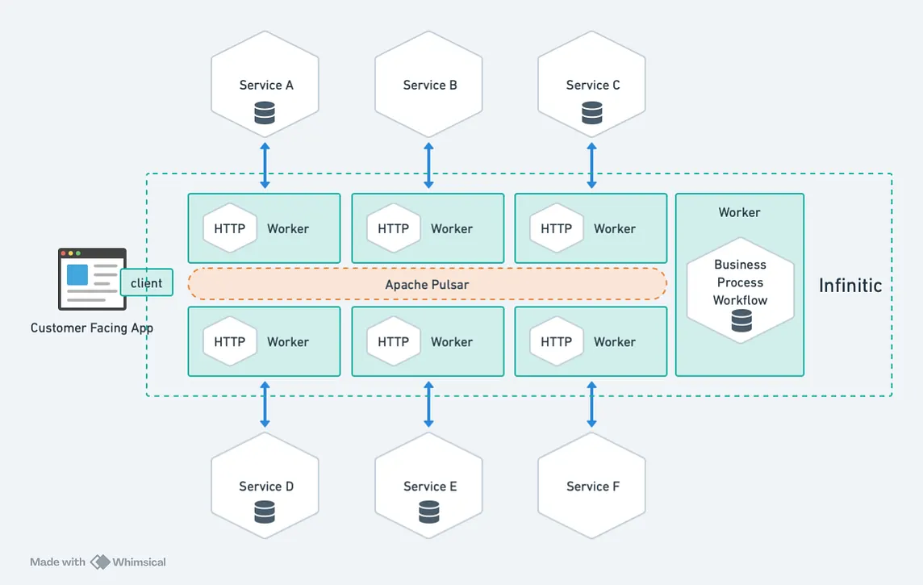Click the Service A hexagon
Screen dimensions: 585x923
pyautogui.click(x=265, y=84)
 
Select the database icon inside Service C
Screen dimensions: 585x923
pyautogui.click(x=592, y=112)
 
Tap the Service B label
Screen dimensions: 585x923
pyautogui.click(x=430, y=85)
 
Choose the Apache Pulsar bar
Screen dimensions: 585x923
pyautogui.click(x=427, y=284)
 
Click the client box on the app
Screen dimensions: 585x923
pyautogui.click(x=146, y=282)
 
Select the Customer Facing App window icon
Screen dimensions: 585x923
pyautogui.click(x=91, y=278)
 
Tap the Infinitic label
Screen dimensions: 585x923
pyautogui.click(x=850, y=285)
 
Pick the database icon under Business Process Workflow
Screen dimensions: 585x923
pyautogui.click(x=741, y=321)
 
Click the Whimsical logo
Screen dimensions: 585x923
pyautogui.click(x=100, y=562)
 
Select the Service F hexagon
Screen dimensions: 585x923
pyautogui.click(x=591, y=486)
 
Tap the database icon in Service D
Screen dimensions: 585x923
pyautogui.click(x=265, y=512)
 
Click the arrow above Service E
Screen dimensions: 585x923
pyautogui.click(x=428, y=404)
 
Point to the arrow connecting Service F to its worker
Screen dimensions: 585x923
pyautogui.click(x=591, y=404)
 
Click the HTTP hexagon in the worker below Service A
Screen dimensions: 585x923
pyautogui.click(x=229, y=228)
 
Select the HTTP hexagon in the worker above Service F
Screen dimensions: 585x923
pyautogui.click(x=556, y=341)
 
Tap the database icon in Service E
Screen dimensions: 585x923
pyautogui.click(x=429, y=512)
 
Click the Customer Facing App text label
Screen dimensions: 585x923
pyautogui.click(x=91, y=328)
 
